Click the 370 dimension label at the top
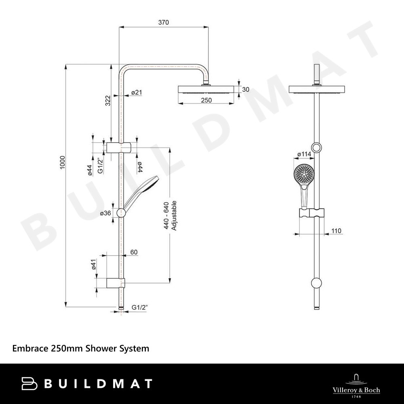(164, 22)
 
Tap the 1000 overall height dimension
(63, 162)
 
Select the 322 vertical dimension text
(108, 101)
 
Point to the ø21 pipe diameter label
(137, 92)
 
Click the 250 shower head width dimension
(206, 100)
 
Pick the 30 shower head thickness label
(246, 89)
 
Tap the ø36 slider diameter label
(105, 213)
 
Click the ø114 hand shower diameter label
(304, 154)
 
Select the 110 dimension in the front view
(336, 231)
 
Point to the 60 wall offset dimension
(134, 252)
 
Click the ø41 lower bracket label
(94, 264)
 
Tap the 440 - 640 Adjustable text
(170, 216)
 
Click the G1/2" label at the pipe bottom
(139, 307)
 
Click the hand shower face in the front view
(304, 174)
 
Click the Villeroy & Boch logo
(356, 385)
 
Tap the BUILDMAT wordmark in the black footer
(87, 384)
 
